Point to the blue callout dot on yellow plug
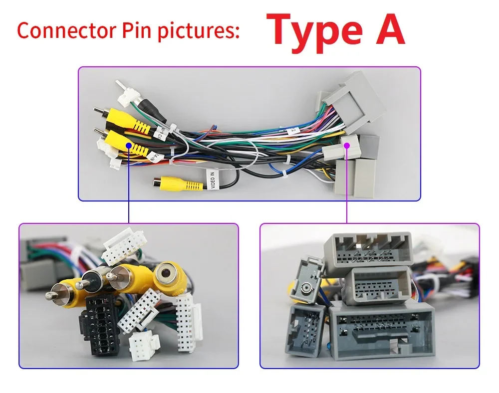129,146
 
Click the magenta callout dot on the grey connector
347,144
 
